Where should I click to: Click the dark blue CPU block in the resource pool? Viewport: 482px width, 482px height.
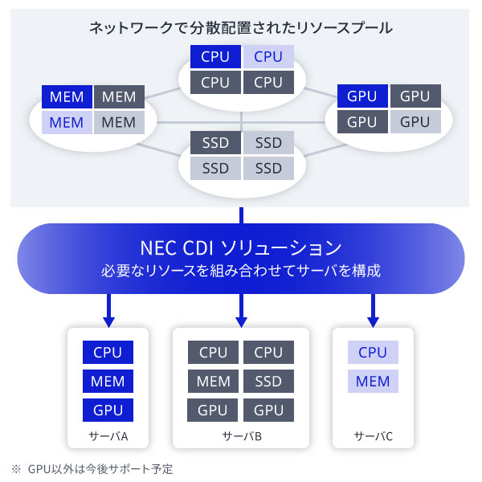coord(214,57)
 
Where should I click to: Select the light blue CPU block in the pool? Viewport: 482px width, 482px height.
coord(268,57)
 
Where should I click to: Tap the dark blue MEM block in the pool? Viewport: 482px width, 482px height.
coord(67,97)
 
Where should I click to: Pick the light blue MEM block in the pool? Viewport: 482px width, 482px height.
coord(67,123)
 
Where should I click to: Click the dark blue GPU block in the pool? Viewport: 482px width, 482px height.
coord(362,96)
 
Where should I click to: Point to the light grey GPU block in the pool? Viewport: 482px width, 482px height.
coord(415,122)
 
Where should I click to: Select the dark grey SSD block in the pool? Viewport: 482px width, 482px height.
coord(215,143)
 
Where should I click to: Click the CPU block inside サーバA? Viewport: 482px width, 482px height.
coord(108,353)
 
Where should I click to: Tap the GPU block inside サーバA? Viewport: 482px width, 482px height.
coord(108,410)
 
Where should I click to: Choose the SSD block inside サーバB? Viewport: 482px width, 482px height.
coord(268,382)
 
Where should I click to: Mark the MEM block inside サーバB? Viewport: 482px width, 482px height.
coord(214,382)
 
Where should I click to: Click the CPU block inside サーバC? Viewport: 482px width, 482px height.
coord(373,353)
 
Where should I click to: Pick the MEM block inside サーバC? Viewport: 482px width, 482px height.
coord(373,382)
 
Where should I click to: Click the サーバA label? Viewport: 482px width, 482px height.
coord(108,437)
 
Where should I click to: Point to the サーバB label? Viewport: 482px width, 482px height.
coord(241,437)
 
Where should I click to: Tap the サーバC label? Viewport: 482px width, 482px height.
coord(374,437)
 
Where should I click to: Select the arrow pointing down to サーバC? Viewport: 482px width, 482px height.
coord(374,309)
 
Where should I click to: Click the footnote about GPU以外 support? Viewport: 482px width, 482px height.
coord(92,468)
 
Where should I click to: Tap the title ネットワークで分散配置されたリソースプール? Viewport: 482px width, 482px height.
coord(241,28)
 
